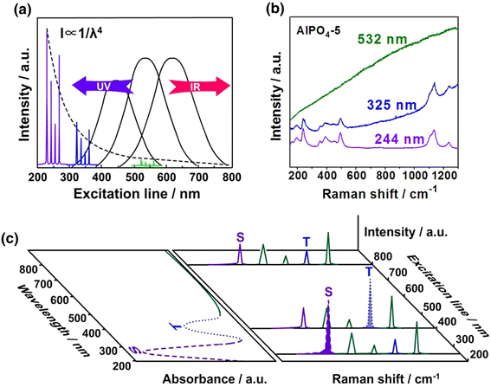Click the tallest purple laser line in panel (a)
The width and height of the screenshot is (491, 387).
pos(44,95)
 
